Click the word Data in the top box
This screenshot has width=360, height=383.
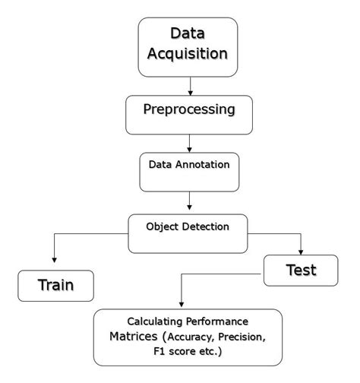188,33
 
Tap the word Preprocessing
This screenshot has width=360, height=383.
188,109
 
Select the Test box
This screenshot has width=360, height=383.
300,269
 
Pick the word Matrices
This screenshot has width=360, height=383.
134,337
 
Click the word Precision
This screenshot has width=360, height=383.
247,337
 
